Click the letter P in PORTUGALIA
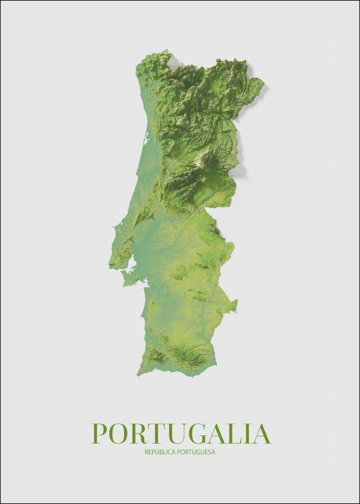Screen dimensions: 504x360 coord(99,434)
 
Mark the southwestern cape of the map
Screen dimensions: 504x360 coord(138,374)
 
